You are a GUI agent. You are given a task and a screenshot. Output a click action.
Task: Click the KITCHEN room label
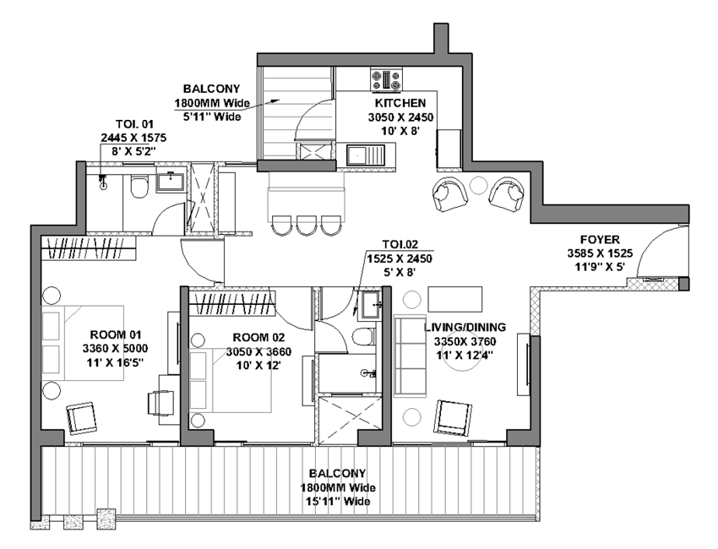tap(400, 103)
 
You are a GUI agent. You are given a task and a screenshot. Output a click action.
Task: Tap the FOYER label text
tap(600, 240)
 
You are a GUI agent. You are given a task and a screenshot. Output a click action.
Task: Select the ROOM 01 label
tap(116, 334)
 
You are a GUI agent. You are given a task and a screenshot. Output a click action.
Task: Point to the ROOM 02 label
tap(258, 338)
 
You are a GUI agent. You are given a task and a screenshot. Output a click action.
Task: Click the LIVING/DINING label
tap(465, 327)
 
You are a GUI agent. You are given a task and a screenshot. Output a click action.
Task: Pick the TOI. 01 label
tap(134, 124)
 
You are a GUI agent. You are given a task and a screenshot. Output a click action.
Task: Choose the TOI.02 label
tap(400, 244)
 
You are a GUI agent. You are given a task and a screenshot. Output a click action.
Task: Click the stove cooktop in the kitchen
tap(387, 79)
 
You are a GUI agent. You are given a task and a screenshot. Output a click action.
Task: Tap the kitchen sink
tap(366, 155)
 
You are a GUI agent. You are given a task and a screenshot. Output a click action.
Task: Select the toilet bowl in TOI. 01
tap(139, 187)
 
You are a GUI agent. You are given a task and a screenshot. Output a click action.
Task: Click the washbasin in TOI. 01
tap(171, 182)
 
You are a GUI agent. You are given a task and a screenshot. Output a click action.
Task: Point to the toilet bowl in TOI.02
tap(363, 338)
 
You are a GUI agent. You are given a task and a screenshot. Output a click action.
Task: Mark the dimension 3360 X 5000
tap(116, 349)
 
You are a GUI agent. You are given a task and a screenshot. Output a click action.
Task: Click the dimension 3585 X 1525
tap(600, 253)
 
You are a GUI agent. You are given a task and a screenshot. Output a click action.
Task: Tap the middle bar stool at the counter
tap(306, 225)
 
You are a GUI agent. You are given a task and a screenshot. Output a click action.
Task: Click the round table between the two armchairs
tap(479, 185)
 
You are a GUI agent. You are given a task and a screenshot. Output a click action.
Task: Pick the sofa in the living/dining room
tap(411, 356)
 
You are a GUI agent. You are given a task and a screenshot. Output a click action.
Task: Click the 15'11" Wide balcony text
tap(338, 502)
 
